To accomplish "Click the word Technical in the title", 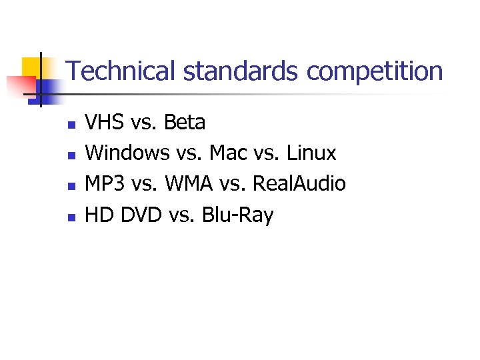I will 112,71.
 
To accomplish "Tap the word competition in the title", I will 374,71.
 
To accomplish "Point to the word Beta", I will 185,123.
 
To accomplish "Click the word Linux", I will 311,153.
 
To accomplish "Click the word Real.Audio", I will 299,184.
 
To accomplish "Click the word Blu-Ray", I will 237,215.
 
